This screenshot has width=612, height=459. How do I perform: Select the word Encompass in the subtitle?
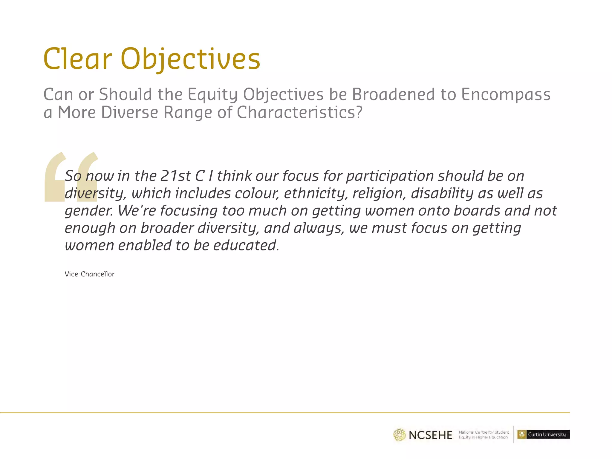pos(506,94)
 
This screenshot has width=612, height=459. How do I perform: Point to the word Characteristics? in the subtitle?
pos(299,112)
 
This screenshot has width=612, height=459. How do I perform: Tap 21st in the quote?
pos(175,176)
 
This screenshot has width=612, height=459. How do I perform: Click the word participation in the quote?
pos(390,176)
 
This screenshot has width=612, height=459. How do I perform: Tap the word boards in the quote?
pos(477,211)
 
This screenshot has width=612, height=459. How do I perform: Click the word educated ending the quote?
pos(246,245)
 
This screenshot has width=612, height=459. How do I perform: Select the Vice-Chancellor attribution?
pos(89,274)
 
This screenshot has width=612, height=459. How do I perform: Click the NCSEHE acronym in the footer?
pos(430,435)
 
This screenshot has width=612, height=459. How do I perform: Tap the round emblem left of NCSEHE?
pos(399,435)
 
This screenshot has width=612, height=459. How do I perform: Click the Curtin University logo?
pos(543,434)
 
